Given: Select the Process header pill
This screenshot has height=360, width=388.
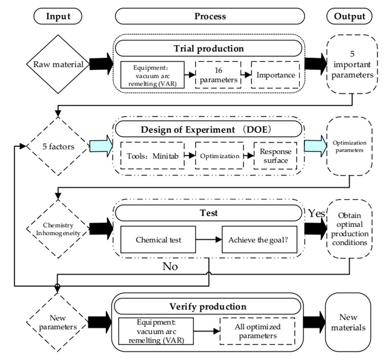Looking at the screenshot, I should (210, 17).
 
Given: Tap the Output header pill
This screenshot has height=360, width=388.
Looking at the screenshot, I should (349, 17).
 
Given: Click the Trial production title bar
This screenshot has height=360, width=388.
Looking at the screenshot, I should (210, 49).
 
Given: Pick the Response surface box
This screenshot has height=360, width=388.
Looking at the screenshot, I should (275, 155).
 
